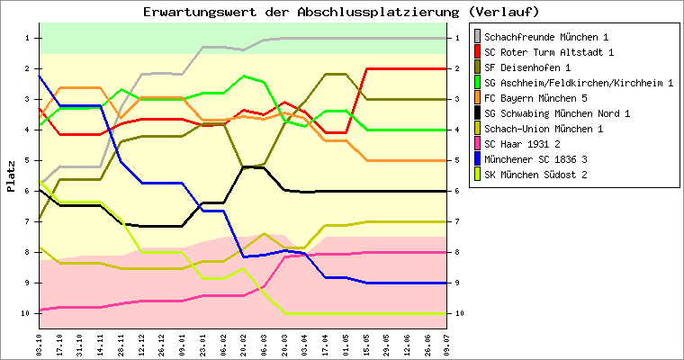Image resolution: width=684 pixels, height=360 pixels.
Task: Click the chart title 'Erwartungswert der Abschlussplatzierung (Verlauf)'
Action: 341,12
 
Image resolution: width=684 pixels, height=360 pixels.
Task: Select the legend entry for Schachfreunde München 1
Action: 546,37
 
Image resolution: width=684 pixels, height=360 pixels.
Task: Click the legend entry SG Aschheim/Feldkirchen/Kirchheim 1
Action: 579,83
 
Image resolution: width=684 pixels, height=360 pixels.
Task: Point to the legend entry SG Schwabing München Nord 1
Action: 557,113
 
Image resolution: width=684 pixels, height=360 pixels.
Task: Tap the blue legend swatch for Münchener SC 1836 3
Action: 476,159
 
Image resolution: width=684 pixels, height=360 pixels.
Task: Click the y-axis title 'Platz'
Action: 11,175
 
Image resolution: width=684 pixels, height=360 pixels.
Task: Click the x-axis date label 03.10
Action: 39,342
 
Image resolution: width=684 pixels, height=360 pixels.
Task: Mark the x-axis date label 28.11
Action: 121,342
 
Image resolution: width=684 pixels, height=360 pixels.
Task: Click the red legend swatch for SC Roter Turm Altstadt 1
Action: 476,52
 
